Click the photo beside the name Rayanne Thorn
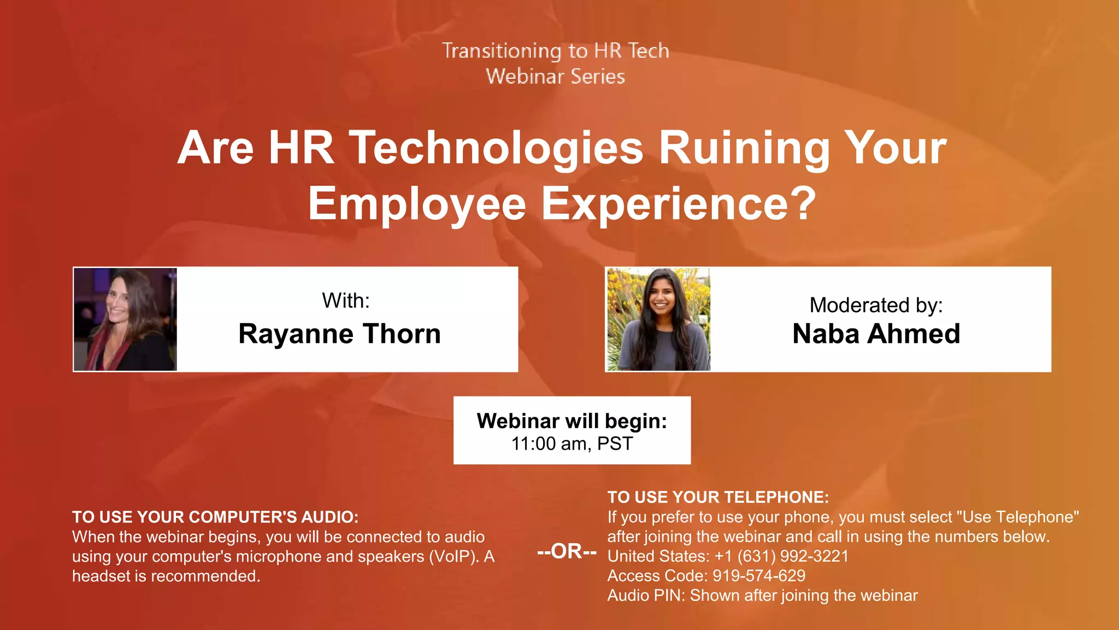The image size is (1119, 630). tap(125, 319)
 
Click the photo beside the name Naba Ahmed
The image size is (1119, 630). tap(658, 319)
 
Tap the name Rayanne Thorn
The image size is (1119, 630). tap(339, 334)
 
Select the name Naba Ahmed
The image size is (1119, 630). tap(876, 334)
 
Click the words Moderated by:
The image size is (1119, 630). tap(876, 305)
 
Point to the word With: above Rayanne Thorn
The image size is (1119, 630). tap(346, 301)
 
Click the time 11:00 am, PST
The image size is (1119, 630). tap(572, 444)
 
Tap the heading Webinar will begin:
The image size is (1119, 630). tap(572, 421)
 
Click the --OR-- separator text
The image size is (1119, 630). tap(567, 551)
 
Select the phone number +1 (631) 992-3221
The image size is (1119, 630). tap(781, 556)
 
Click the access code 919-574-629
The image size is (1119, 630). tap(759, 576)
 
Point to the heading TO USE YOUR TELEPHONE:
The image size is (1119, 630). tap(718, 497)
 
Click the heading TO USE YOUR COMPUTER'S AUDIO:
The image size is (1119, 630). tap(215, 517)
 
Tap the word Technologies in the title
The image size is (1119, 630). tap(496, 148)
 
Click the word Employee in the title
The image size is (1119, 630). tap(417, 203)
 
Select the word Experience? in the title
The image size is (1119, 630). tap(679, 203)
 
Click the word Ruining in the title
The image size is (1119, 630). tap(744, 148)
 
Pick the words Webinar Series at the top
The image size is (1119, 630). tap(555, 77)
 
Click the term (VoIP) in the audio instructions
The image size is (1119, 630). tap(454, 556)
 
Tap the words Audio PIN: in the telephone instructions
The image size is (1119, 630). tap(646, 596)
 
